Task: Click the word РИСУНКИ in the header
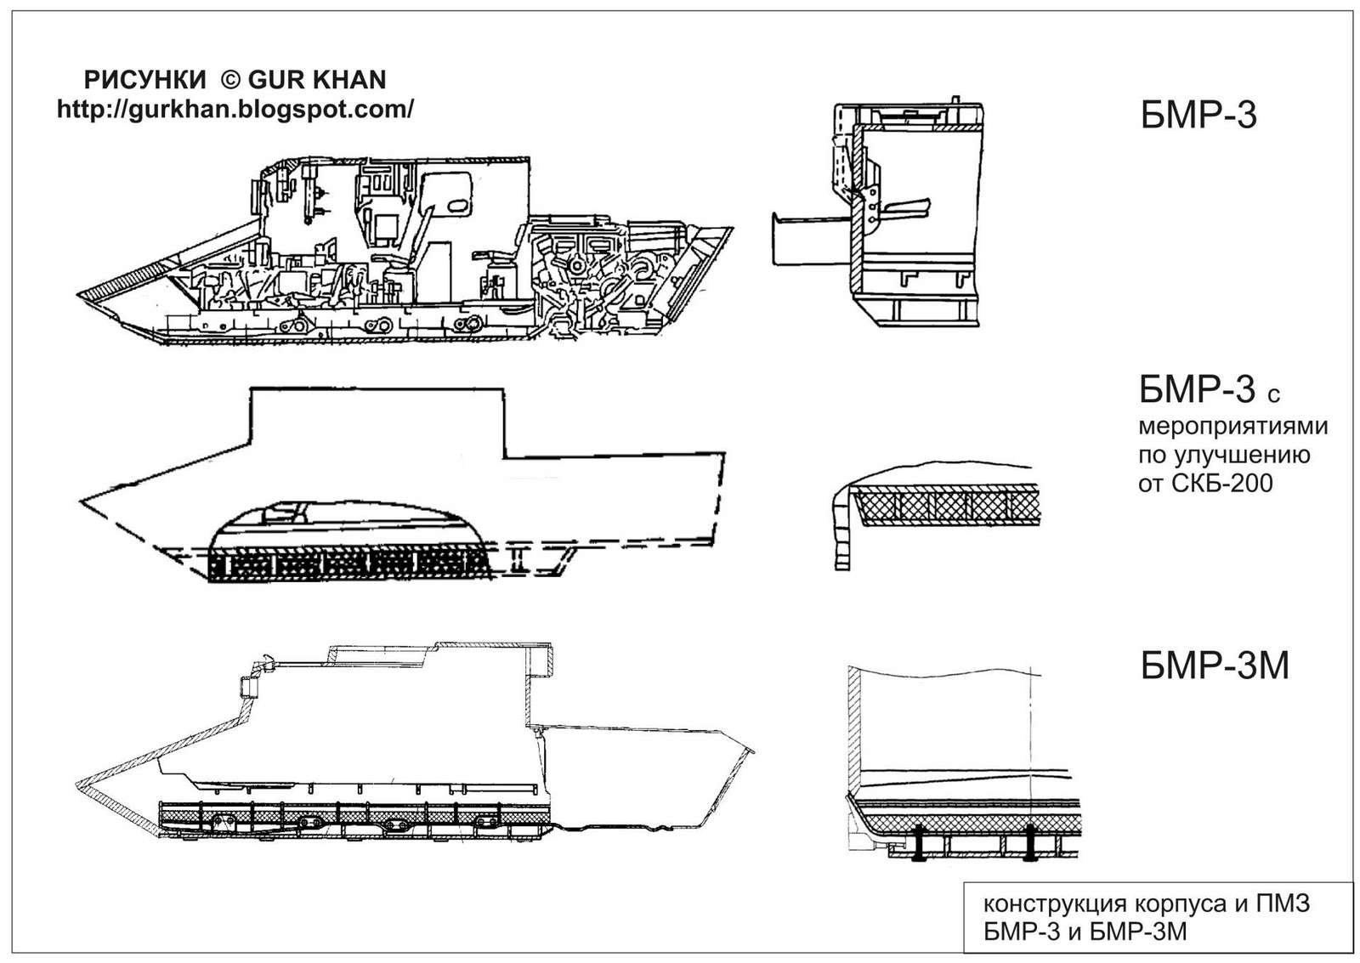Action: click(144, 80)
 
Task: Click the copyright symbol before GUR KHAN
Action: click(230, 80)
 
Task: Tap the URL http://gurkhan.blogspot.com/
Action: click(235, 110)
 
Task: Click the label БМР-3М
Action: click(1215, 666)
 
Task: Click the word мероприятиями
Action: click(1233, 426)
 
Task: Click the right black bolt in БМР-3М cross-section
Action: click(1028, 842)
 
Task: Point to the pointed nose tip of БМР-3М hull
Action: click(77, 781)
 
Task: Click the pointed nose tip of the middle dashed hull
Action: click(81, 501)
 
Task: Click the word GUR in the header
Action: click(278, 80)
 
